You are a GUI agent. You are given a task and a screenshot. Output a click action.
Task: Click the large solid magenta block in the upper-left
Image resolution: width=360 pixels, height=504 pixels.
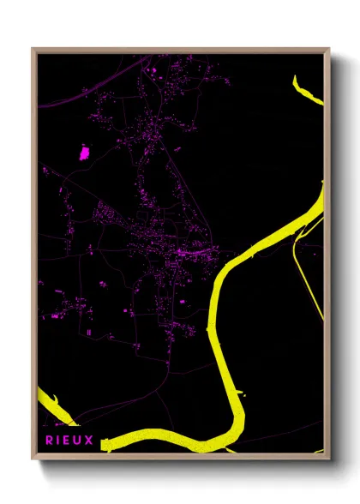[84, 153]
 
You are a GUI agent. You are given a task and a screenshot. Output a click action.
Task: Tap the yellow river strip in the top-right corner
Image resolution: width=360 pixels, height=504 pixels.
[308, 90]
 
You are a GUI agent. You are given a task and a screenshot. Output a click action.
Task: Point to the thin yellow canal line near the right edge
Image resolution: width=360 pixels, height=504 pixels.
[309, 274]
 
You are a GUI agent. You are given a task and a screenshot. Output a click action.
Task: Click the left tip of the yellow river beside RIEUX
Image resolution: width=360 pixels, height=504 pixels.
[105, 442]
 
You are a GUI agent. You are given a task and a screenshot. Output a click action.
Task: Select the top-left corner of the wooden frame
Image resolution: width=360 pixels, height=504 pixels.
[33, 49]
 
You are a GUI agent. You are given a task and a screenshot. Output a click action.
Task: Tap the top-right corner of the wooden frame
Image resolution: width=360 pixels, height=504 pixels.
[328, 49]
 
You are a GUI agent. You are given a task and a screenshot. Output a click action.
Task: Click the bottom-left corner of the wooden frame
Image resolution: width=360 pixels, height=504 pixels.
[33, 459]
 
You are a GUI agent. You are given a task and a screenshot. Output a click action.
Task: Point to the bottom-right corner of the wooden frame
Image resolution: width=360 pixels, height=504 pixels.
[328, 459]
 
